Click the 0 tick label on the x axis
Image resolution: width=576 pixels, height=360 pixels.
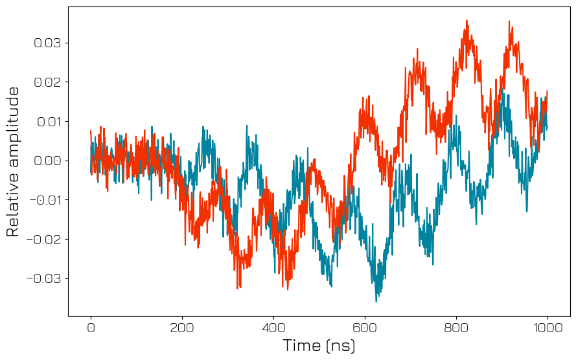tap(91, 328)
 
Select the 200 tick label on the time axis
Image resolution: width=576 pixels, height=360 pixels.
tap(182, 328)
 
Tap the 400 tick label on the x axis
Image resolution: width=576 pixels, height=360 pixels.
tap(273, 328)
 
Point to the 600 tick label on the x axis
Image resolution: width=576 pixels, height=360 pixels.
tap(365, 328)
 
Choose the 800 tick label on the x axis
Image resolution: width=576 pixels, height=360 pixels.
tap(456, 328)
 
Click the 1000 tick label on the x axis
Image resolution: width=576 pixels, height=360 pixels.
tap(547, 328)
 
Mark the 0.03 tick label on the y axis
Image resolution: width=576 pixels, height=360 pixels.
tap(47, 43)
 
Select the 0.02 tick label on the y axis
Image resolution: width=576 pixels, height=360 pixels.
tap(47, 82)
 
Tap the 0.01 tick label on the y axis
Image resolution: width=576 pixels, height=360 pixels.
tap(47, 122)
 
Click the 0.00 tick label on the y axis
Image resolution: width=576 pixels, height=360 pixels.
tap(47, 161)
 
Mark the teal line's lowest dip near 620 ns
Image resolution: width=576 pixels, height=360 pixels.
tap(376, 301)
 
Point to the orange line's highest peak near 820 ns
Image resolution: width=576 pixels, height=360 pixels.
tap(467, 21)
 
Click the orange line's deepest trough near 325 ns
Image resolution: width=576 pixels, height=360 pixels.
tap(238, 288)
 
